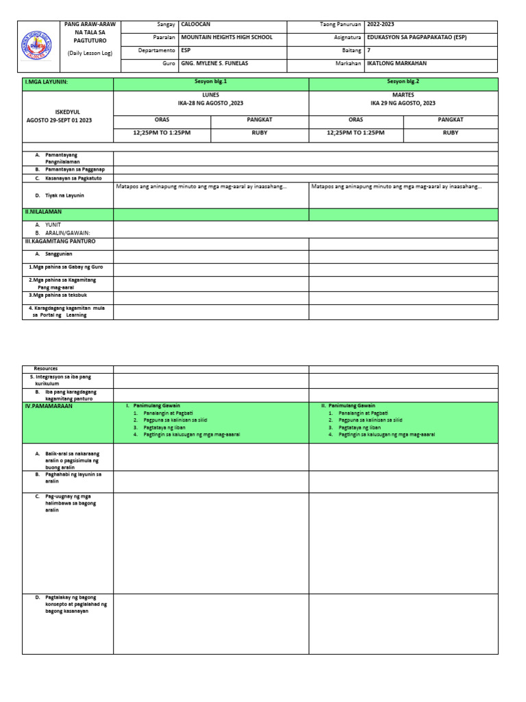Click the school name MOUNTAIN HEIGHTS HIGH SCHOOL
tap(227, 37)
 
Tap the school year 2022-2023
tap(381, 24)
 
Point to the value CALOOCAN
tap(196, 24)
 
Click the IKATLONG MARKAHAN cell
tap(397, 63)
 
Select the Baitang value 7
tap(369, 50)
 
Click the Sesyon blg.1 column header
tap(211, 82)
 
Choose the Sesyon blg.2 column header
tap(403, 82)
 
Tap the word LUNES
tap(211, 95)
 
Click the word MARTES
tap(403, 95)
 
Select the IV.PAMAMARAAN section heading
tap(48, 406)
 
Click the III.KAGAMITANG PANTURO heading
tap(60, 241)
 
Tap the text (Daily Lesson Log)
tap(90, 53)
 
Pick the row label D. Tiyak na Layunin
tap(65, 195)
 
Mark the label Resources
tap(46, 369)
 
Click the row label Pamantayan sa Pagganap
tap(75, 169)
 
